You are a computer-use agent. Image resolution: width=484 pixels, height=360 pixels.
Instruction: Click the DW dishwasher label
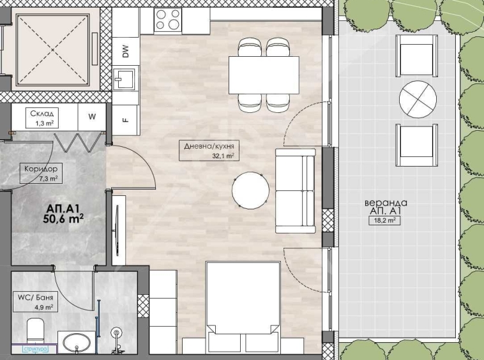pyautogui.click(x=125, y=51)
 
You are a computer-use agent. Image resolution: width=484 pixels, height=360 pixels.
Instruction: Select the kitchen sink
pyautogui.click(x=124, y=79)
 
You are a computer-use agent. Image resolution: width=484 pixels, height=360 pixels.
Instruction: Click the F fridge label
pyautogui.click(x=125, y=120)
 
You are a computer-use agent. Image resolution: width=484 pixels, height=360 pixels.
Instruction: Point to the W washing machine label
pyautogui.click(x=92, y=117)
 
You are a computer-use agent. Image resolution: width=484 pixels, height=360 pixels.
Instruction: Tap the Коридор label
pyautogui.click(x=41, y=169)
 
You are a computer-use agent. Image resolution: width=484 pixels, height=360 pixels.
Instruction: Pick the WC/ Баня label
pyautogui.click(x=36, y=297)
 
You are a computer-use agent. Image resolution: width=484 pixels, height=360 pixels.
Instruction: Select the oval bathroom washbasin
pyautogui.click(x=77, y=343)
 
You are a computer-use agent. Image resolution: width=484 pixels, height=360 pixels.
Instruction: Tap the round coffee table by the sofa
pyautogui.click(x=251, y=190)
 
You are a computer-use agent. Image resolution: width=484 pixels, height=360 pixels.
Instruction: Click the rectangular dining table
pyautogui.click(x=264, y=75)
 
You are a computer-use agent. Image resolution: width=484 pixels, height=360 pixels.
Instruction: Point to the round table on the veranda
pyautogui.click(x=418, y=100)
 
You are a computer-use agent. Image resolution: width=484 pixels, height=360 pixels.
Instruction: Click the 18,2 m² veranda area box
pyautogui.click(x=385, y=221)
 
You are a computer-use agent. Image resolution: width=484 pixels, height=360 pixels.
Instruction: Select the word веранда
pyautogui.click(x=386, y=203)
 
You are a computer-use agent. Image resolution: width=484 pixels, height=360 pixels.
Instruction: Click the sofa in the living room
pyautogui.click(x=296, y=191)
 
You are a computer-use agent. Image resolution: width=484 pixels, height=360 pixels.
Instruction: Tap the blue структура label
pyautogui.click(x=36, y=349)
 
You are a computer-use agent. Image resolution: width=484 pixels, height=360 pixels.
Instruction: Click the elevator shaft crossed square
pyautogui.click(x=52, y=50)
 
